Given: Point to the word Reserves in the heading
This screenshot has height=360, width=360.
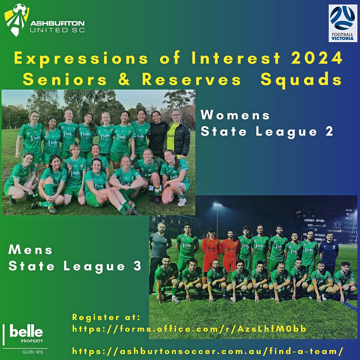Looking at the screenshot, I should (x=191, y=80).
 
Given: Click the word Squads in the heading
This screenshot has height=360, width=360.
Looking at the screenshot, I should (x=301, y=80).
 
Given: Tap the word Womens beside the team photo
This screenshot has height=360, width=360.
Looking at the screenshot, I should (x=235, y=115).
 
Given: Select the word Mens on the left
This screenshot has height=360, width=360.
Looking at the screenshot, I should (x=31, y=250).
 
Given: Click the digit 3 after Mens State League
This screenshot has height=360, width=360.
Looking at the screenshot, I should (x=138, y=266).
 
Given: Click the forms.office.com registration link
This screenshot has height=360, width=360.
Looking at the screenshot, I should (x=189, y=329).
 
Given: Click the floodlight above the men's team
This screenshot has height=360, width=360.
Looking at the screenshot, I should (x=217, y=204).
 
